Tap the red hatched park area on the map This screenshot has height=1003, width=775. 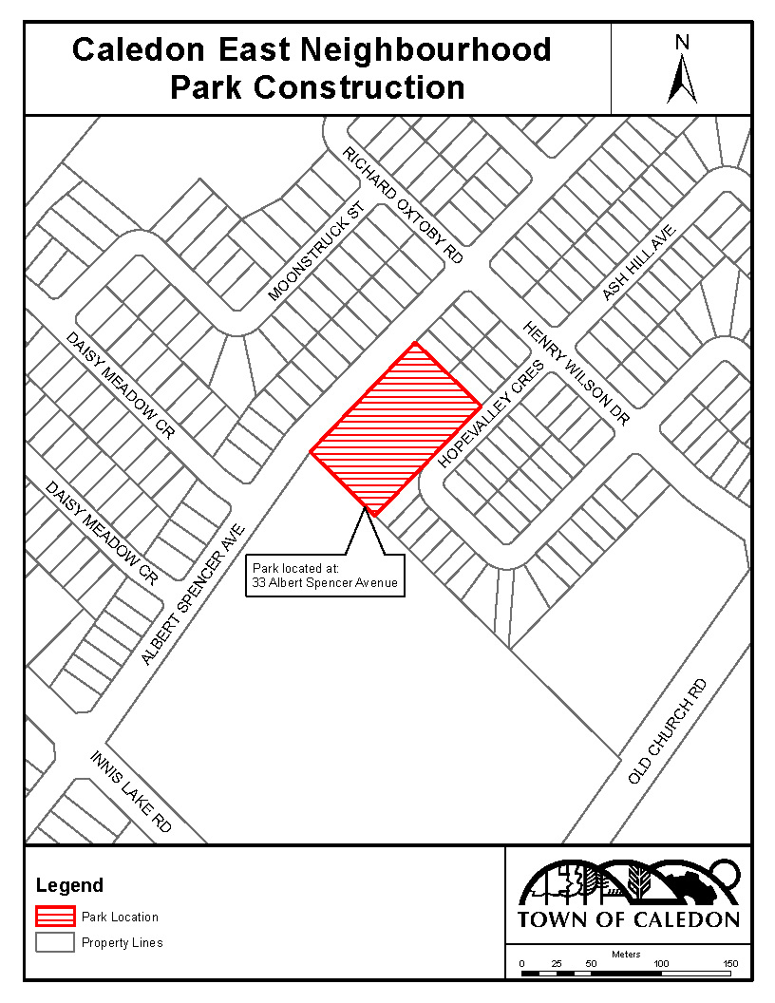point(394,427)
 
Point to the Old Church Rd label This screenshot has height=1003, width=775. point(669,731)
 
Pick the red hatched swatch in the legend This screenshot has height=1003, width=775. point(55,917)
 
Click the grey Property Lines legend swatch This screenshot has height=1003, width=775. point(55,942)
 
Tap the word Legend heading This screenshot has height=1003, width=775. point(69,886)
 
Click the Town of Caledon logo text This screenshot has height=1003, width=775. point(628,919)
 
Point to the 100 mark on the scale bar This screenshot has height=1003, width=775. point(661,964)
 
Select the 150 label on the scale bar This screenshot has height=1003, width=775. point(730,964)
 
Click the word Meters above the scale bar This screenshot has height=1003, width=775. point(626,954)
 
